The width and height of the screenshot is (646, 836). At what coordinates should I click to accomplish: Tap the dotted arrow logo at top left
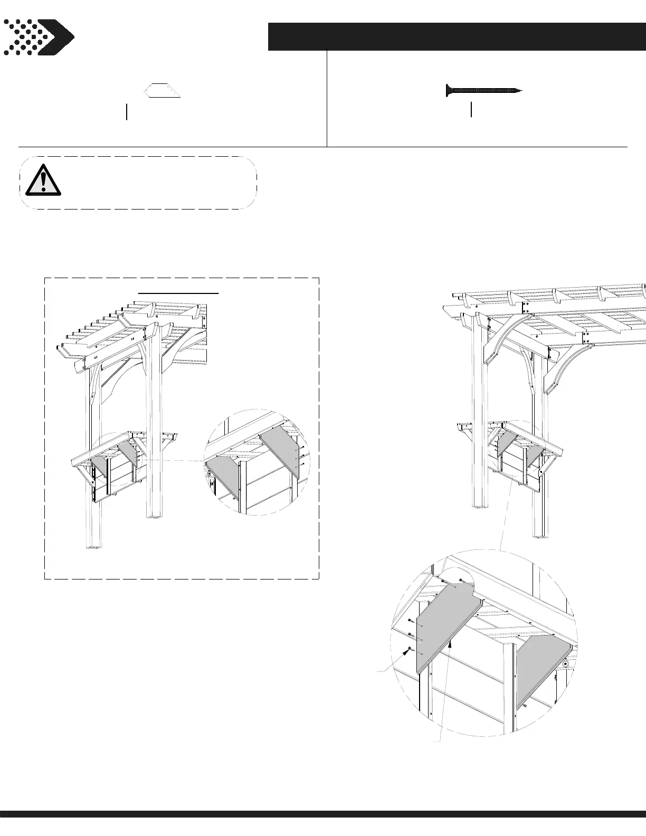pos(38,37)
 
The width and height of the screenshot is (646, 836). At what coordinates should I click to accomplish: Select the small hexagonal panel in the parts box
pos(163,91)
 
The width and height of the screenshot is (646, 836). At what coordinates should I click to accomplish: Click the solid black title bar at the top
pos(457,36)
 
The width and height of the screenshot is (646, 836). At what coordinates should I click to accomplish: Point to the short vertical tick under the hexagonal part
pos(127,112)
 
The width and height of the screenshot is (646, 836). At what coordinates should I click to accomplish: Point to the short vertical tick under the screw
pos(471,110)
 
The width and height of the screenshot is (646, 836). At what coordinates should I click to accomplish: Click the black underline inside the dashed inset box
pos(178,292)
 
